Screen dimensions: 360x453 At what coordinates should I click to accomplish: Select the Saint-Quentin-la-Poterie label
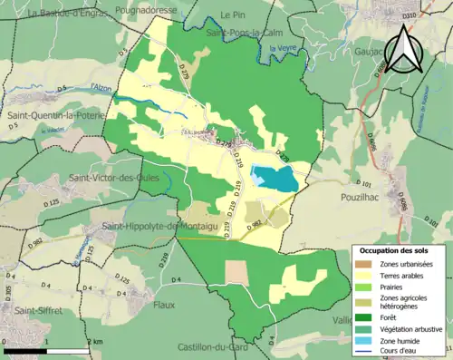54,116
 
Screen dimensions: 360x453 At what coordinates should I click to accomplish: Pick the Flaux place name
164,305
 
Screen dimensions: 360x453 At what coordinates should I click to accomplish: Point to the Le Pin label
235,15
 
